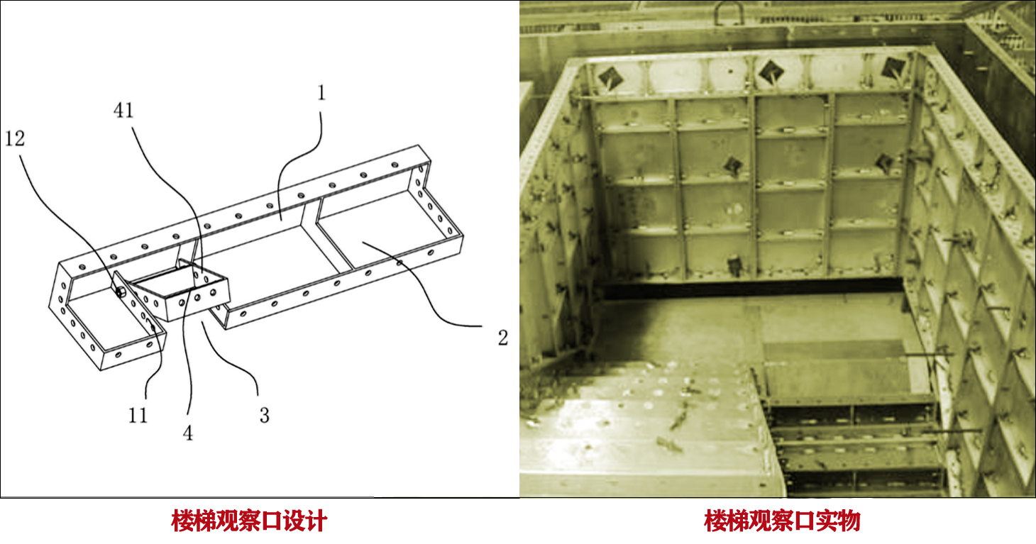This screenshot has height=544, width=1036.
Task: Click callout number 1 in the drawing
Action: [x=321, y=93]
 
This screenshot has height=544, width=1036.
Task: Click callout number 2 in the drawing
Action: [x=502, y=338]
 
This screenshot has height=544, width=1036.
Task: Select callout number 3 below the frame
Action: [x=264, y=416]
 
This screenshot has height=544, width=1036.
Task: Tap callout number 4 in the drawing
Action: [x=187, y=433]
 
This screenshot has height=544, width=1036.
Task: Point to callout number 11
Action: [x=138, y=416]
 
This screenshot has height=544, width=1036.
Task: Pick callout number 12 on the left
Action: [x=14, y=138]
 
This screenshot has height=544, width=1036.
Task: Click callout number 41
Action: [x=123, y=110]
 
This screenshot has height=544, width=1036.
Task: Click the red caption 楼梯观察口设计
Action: [x=249, y=521]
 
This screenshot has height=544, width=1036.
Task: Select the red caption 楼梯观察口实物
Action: [x=782, y=521]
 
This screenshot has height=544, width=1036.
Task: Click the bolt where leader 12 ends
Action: [x=120, y=292]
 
